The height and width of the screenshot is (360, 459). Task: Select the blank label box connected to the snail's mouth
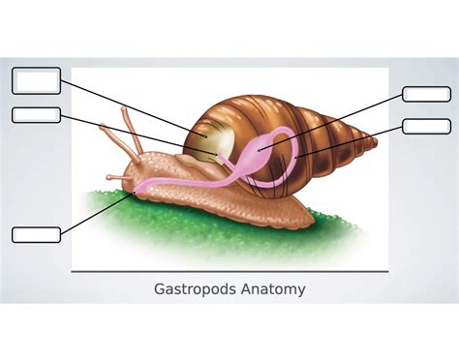36,234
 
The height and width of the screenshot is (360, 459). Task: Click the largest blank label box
36,80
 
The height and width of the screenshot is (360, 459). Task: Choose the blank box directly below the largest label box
36,115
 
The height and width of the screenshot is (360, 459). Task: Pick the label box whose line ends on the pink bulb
426,94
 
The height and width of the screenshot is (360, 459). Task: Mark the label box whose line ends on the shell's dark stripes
426,126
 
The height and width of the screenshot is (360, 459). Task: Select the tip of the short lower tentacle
109,177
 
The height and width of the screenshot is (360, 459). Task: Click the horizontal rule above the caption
229,272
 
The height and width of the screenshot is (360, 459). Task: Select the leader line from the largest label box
126,105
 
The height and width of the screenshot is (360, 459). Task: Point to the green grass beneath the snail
194,242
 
